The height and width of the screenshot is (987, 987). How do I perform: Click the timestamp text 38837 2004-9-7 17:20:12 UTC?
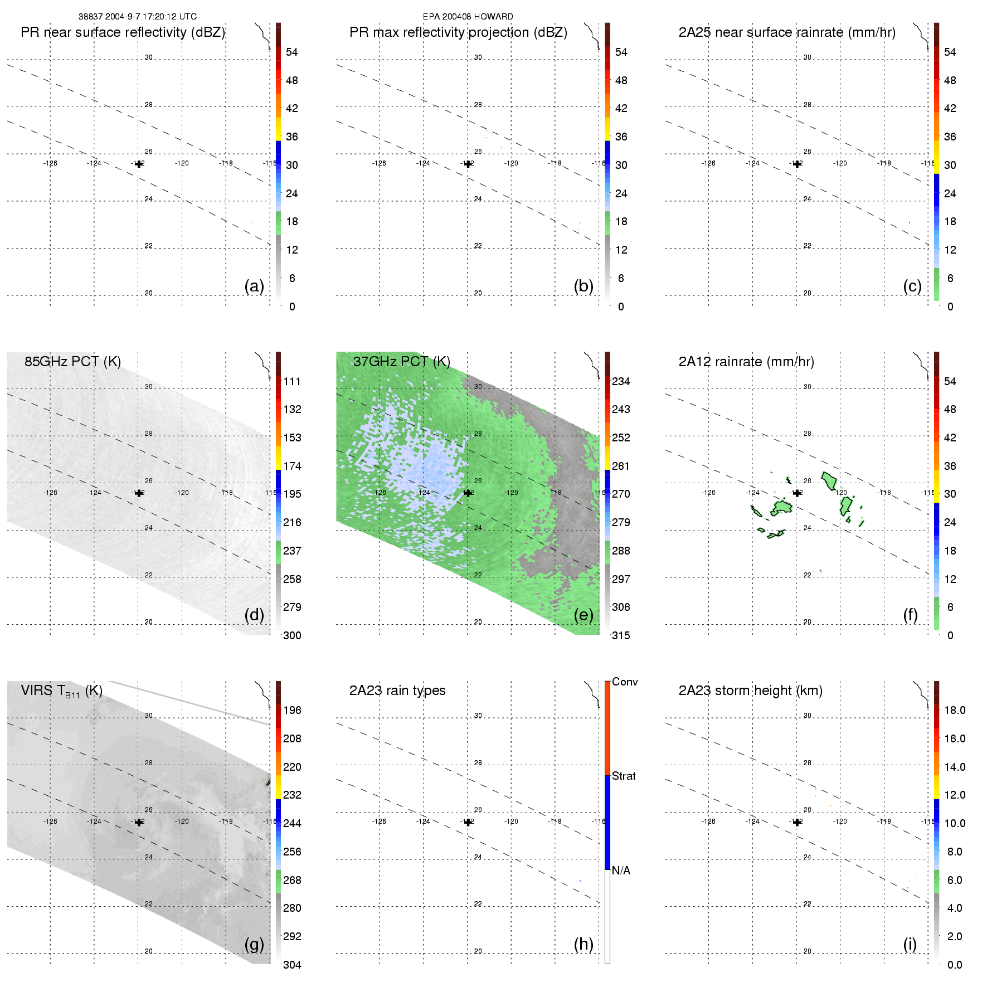(137, 17)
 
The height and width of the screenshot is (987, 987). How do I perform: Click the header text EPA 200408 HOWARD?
(468, 17)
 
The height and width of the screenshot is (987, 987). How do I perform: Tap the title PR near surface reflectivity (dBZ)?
(123, 32)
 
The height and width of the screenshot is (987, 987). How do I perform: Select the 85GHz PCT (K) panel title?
(72, 362)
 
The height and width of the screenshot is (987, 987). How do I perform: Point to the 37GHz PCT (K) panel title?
(401, 362)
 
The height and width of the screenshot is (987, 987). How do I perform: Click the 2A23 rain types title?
(397, 691)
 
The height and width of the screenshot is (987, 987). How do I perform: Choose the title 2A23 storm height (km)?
(750, 691)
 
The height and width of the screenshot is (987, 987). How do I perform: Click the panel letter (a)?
(254, 286)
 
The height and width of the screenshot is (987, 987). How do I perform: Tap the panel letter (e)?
(584, 615)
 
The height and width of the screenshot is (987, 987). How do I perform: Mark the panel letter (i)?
(910, 944)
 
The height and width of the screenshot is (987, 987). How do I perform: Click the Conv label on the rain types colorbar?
(625, 682)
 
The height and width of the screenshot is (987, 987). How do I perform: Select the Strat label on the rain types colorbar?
(624, 776)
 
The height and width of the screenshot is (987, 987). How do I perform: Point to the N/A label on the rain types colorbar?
(621, 871)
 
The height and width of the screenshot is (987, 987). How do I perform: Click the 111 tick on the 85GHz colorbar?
(292, 381)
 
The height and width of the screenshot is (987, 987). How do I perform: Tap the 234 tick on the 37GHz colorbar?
(621, 381)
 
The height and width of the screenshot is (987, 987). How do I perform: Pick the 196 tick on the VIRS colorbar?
(292, 710)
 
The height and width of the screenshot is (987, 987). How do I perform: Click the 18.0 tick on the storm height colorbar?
(955, 710)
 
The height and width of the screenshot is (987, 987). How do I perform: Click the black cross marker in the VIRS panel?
(139, 822)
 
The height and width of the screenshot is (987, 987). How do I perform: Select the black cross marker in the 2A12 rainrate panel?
(797, 493)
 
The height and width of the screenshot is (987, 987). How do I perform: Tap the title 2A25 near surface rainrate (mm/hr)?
(787, 32)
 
